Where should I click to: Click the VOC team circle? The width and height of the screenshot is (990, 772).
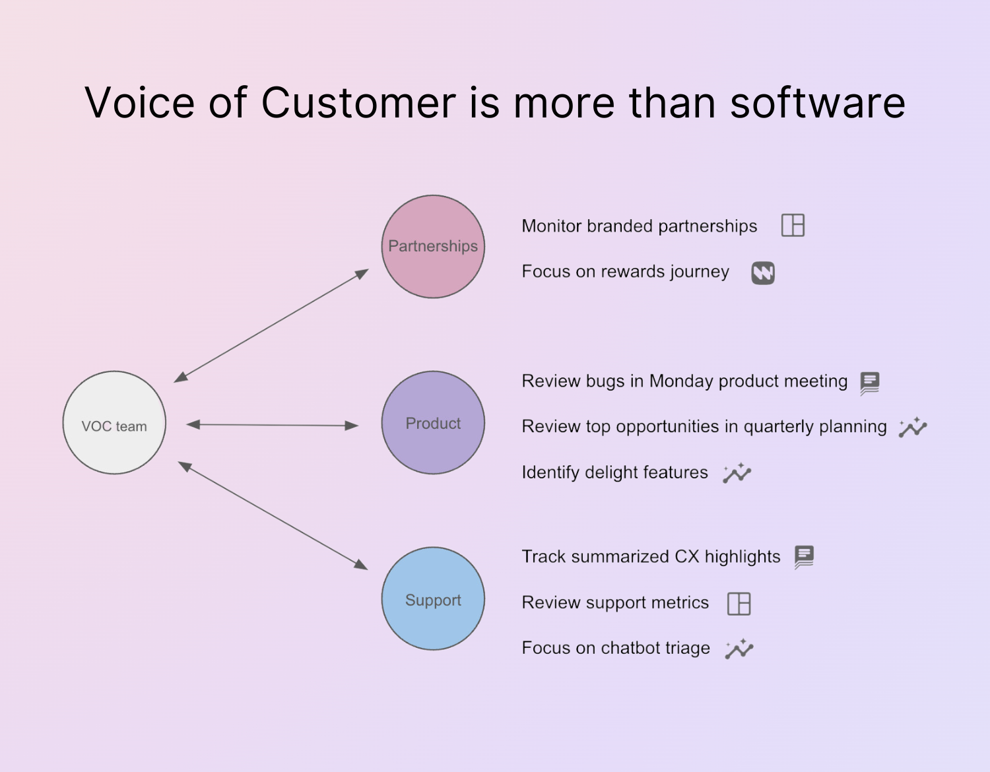tap(114, 422)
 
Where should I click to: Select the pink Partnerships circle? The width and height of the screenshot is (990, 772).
tap(433, 246)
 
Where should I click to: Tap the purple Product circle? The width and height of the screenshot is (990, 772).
tap(433, 422)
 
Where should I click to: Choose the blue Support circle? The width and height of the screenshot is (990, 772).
tap(433, 598)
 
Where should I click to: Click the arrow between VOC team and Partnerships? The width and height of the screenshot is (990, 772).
tap(271, 325)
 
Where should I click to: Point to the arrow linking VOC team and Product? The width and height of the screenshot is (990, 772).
tap(272, 425)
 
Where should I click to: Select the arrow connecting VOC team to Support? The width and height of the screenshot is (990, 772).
tap(273, 515)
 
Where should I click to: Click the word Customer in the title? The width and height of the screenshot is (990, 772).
tap(358, 103)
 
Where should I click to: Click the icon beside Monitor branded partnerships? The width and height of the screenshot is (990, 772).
tap(793, 226)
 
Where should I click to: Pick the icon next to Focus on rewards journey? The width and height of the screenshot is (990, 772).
tap(763, 273)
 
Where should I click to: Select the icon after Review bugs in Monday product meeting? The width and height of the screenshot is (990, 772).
tap(870, 383)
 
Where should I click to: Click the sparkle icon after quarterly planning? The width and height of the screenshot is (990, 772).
tap(913, 428)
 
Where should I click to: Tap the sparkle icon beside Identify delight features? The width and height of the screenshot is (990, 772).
tap(737, 473)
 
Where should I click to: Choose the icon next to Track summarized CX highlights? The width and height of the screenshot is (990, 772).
tap(804, 557)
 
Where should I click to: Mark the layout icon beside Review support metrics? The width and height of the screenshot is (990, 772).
tap(739, 603)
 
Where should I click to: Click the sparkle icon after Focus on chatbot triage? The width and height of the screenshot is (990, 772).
tap(739, 649)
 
